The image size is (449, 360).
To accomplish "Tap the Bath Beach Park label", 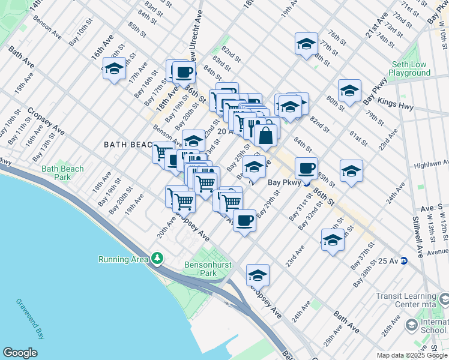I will pos(62,173).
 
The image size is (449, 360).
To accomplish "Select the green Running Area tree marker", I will pos(157,258).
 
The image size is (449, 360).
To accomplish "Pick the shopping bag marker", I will pos(266,134).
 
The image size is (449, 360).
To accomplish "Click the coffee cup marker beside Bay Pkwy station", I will pos(306,169).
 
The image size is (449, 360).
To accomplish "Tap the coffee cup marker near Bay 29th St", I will pos(244,221).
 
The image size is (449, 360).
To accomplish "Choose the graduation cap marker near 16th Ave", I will pos(114,70).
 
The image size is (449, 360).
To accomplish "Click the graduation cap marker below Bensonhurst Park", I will pos(258,275).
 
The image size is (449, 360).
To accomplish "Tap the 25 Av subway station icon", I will pos(404,261).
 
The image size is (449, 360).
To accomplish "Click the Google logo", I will pos(20,353).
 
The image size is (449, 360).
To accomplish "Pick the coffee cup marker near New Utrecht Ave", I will pos(184,73).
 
